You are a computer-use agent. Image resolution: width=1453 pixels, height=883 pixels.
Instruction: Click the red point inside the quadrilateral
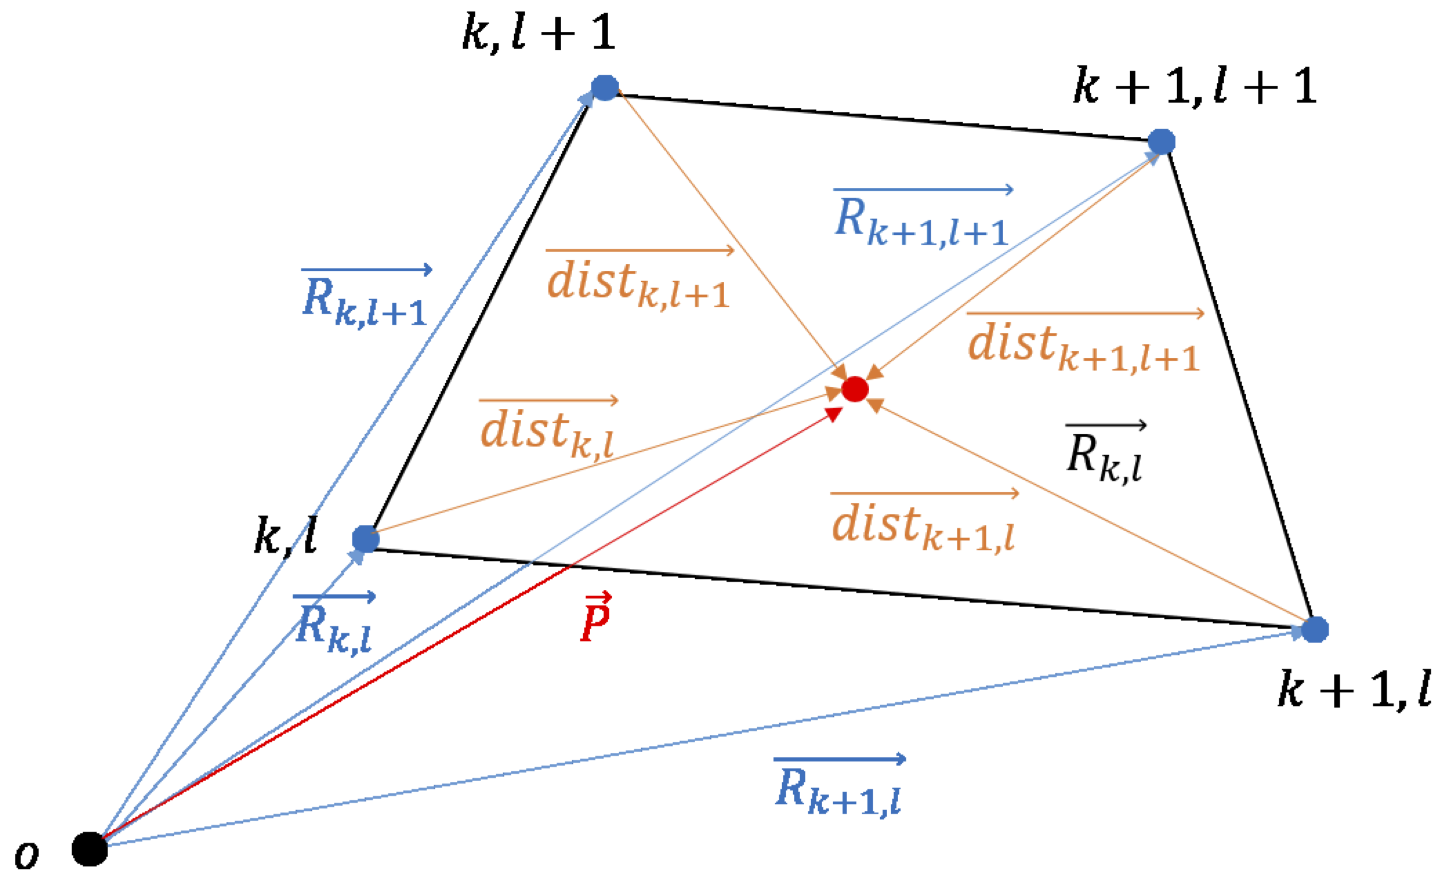854,389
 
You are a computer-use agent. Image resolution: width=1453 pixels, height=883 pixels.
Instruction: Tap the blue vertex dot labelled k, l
366,539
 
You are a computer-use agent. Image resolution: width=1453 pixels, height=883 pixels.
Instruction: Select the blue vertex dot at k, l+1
604,88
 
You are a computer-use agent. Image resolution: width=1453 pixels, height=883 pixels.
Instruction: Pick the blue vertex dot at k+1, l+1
1161,141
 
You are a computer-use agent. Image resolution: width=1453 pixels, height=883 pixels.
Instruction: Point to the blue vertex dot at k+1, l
1314,629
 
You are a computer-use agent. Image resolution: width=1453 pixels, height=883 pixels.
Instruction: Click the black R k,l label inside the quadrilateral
1104,455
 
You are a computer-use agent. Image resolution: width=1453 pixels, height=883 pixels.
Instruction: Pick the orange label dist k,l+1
639,283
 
